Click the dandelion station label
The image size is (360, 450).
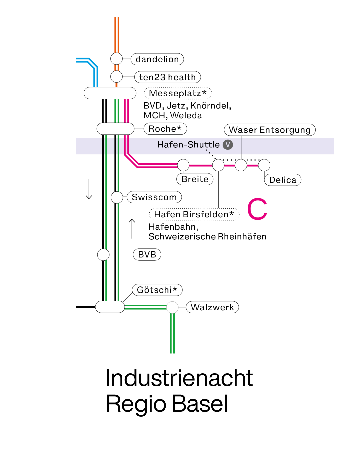pos(157,59)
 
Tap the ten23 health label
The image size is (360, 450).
pos(167,77)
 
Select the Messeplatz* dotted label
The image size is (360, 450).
pos(178,93)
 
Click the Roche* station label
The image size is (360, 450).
pos(165,129)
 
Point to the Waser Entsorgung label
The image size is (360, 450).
pos(269,130)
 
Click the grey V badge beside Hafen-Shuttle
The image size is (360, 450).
pos(228,144)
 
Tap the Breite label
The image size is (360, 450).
pos(195,179)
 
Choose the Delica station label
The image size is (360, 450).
pos(282,180)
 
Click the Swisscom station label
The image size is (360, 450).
pos(154,197)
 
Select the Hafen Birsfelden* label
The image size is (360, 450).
pos(194,214)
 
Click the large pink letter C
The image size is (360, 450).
pos(257,209)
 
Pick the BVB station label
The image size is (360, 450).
pos(147,254)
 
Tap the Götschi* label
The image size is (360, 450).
pos(157,290)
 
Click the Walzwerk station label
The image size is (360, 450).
pos(212,307)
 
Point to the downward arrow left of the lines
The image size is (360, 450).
pos(89,189)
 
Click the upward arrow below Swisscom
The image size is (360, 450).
pos(132,229)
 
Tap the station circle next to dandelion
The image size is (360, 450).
pos(116,59)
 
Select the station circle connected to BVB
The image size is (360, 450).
pos(103,254)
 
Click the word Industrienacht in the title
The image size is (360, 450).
pos(179,378)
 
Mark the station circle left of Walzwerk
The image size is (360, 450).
pos(172,307)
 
